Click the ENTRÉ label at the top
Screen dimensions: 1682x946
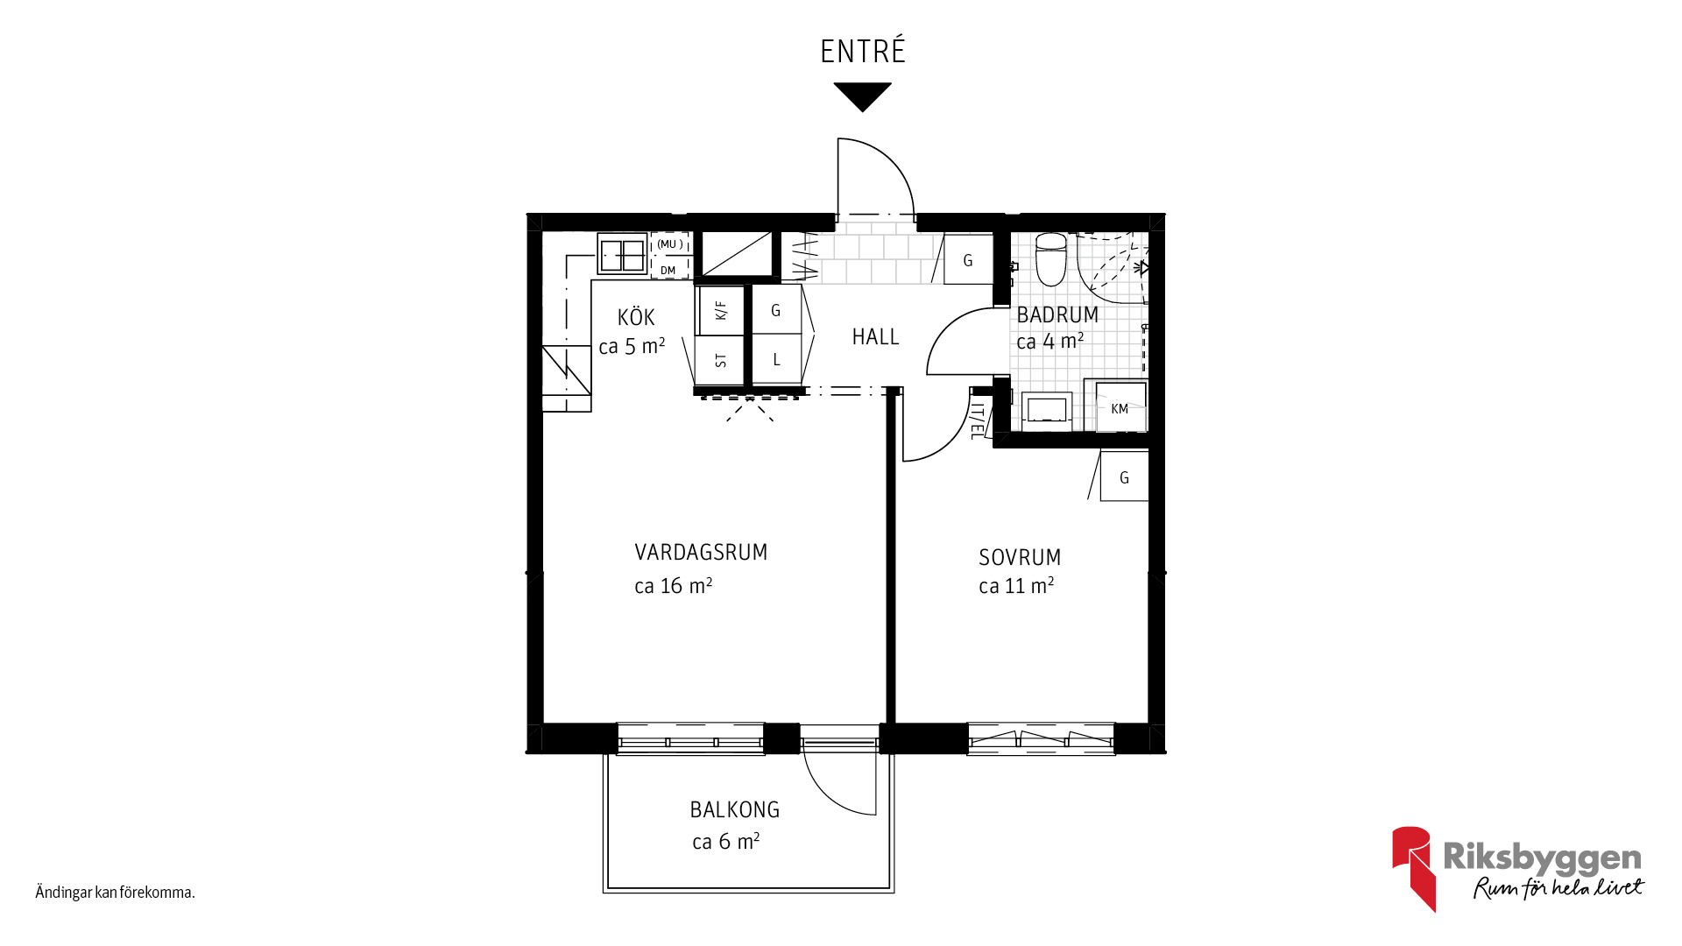tap(863, 51)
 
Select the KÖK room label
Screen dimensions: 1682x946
tap(636, 317)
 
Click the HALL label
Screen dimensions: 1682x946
tap(875, 337)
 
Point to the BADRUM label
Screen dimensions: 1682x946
tap(1057, 314)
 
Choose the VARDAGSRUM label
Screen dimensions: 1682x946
tap(701, 553)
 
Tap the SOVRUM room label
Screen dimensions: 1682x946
tap(1020, 558)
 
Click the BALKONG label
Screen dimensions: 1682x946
tap(735, 810)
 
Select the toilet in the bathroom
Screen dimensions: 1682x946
tap(1051, 258)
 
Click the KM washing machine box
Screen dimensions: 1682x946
tap(1120, 407)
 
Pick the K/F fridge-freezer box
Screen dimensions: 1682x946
tap(720, 310)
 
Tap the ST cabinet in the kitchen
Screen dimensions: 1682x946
tap(720, 360)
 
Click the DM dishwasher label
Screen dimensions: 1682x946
tap(668, 271)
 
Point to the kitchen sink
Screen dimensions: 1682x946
tap(622, 255)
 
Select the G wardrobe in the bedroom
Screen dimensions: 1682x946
tap(1124, 477)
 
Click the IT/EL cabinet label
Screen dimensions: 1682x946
tap(978, 421)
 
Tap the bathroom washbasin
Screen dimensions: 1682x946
tap(1047, 411)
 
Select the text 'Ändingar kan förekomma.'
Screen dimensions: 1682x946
tap(115, 893)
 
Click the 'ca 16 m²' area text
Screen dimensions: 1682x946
tap(673, 586)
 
